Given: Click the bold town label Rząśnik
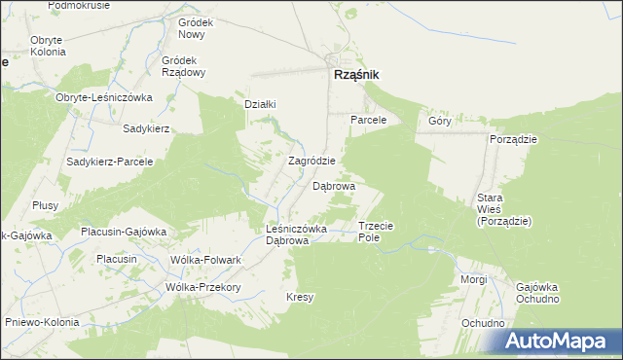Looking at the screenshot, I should pos(355,76).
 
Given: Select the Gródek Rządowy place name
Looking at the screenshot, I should pos(182,65).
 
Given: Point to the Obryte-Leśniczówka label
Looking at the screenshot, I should pos(105,97).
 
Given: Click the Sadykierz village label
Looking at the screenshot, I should pos(147,128).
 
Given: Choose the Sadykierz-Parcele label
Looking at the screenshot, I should pos(110,162).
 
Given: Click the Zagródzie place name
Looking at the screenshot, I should pos(312,162).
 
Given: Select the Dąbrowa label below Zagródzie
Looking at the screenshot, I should pos(333,185).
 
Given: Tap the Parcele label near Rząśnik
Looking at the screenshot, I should pos(369,120).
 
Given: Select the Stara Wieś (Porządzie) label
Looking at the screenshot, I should pos(503,209).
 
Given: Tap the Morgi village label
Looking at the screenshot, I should pos(474,279).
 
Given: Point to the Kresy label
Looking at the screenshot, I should pos(299,298).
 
